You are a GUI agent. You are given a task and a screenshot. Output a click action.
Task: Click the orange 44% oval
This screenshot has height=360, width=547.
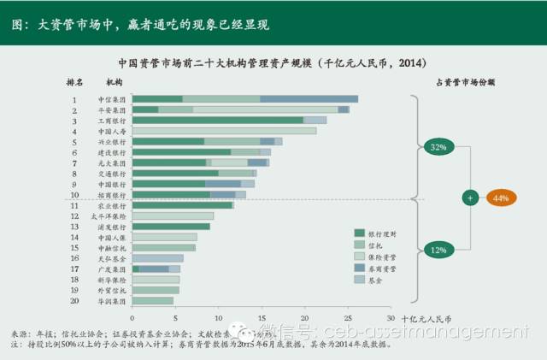[501, 198]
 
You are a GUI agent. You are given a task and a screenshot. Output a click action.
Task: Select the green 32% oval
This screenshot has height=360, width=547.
[438, 147]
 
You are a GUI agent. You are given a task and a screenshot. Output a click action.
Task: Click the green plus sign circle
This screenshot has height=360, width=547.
[469, 198]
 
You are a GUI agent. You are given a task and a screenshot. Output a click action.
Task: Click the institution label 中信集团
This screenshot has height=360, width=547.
[111, 100]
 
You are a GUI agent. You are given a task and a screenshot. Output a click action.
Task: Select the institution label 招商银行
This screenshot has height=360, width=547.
[111, 195]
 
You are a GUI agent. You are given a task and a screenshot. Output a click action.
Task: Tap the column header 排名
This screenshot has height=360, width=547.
[76, 82]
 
